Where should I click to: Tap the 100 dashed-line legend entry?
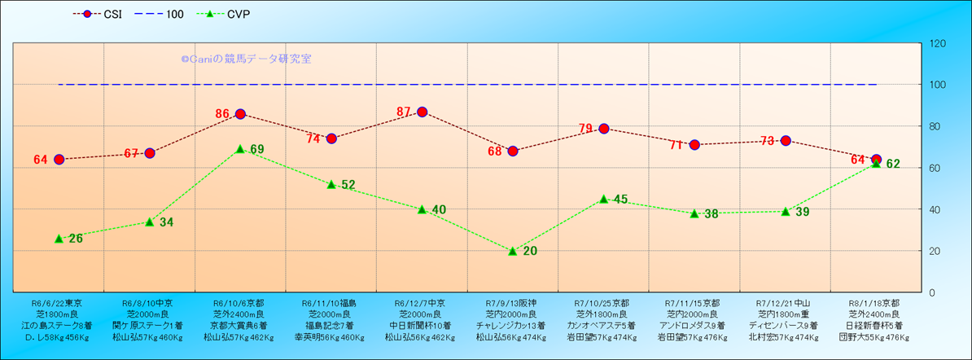tap(162, 14)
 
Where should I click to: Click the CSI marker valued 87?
tap(422, 112)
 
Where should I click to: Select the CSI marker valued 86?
tap(240, 114)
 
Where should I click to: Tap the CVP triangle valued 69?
tap(240, 149)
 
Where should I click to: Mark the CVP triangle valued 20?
tap(513, 251)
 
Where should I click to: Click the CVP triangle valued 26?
tap(59, 239)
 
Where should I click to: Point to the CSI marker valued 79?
tap(604, 128)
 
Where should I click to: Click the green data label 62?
tap(893, 164)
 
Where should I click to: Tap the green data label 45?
tap(620, 200)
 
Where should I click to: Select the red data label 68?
tap(495, 151)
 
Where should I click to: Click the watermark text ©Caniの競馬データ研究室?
tap(246, 59)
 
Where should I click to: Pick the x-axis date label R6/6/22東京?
tap(57, 301)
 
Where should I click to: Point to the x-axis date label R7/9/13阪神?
tap(512, 301)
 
